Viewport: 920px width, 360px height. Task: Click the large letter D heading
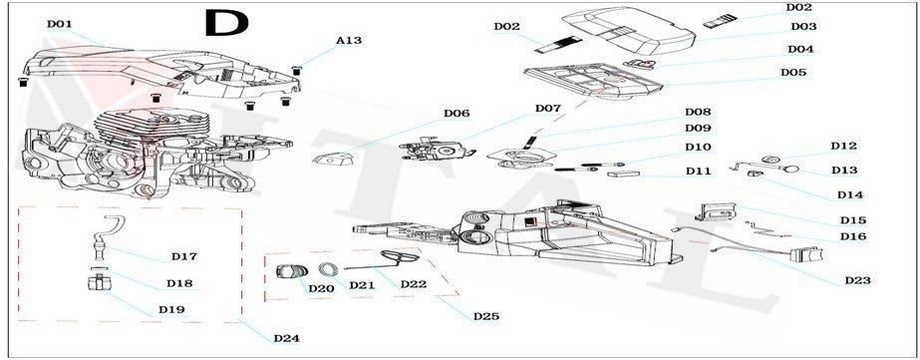click(x=226, y=23)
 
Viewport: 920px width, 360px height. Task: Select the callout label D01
click(x=59, y=24)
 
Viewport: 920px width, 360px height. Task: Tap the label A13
click(x=349, y=41)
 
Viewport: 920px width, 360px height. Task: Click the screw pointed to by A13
click(x=296, y=71)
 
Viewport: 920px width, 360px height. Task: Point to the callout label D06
click(x=457, y=114)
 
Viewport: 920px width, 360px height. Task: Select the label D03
click(x=803, y=27)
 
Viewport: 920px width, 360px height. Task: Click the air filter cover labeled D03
click(x=628, y=30)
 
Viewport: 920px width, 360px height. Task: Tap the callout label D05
click(x=793, y=72)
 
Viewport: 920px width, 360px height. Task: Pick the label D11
click(x=698, y=172)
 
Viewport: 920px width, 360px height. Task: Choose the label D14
click(x=850, y=195)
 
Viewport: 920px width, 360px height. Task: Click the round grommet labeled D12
click(x=770, y=160)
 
